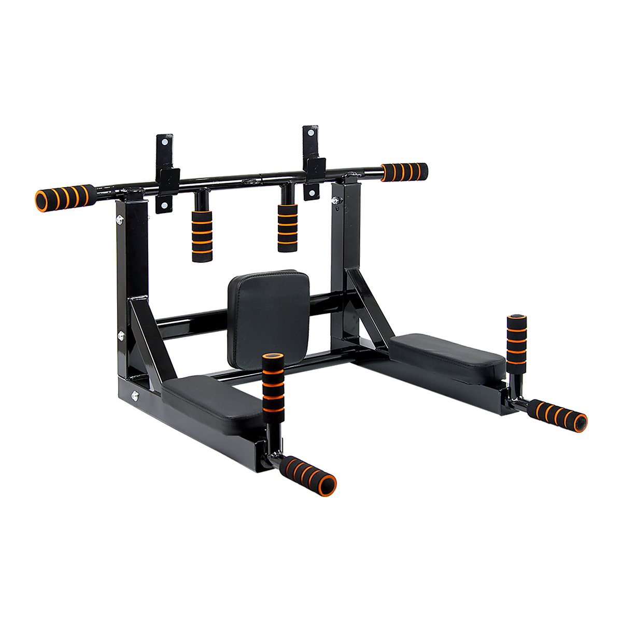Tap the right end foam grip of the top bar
404,172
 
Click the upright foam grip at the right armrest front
516,342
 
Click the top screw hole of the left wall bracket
164,141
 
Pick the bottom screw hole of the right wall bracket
312,194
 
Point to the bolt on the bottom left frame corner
135,396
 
